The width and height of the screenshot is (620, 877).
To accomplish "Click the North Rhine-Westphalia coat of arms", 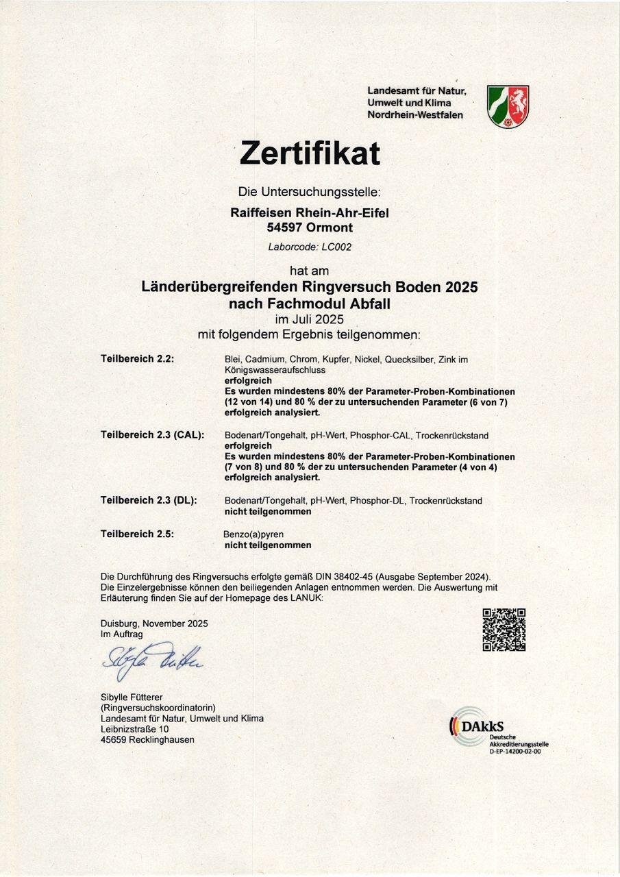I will [508, 106].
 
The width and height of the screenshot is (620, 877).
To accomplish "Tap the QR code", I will [504, 629].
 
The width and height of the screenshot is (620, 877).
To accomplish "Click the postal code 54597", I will [287, 227].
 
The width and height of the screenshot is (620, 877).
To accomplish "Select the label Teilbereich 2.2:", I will [138, 358].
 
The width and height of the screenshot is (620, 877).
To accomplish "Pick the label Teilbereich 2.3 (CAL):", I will [152, 435].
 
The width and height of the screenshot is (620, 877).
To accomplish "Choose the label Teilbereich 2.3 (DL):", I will [149, 500].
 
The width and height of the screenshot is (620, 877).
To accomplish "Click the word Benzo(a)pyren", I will [253, 534].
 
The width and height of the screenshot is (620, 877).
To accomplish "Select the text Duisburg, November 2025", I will [154, 623].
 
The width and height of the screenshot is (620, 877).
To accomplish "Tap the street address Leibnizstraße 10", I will [134, 729].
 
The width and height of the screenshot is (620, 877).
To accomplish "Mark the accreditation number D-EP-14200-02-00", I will [514, 752].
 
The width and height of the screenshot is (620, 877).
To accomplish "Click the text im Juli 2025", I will [310, 319].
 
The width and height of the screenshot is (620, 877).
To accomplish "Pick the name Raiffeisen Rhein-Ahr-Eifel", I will [310, 213].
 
